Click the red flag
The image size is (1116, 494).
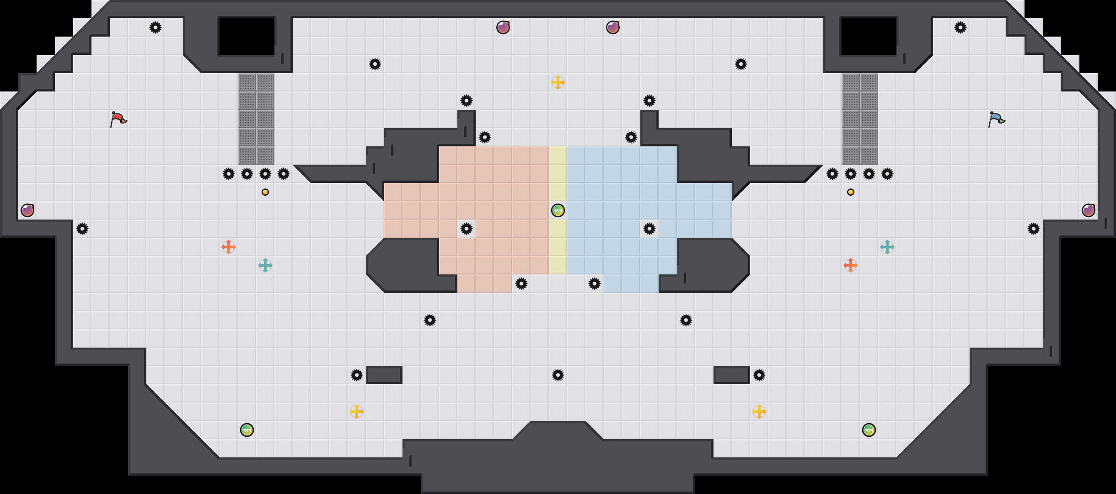(118, 119)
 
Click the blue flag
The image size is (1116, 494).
(996, 119)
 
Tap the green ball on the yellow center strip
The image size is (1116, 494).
(558, 210)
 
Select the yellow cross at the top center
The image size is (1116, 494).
(558, 82)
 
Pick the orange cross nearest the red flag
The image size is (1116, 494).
(228, 247)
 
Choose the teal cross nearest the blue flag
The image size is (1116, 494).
(887, 247)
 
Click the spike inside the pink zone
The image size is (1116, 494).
(466, 229)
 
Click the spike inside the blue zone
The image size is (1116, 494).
(649, 229)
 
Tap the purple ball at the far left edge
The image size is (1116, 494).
(27, 210)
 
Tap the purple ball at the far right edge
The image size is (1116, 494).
(1088, 210)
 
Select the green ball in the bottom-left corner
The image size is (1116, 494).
(247, 430)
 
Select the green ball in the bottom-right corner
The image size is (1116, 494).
(869, 430)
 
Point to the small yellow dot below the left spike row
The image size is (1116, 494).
(265, 192)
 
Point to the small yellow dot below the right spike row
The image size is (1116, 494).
(850, 192)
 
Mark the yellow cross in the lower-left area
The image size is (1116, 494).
(356, 412)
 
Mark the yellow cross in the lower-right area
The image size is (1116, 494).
(759, 412)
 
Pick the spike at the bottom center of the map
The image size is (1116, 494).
(558, 375)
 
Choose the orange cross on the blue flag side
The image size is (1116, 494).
(850, 265)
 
